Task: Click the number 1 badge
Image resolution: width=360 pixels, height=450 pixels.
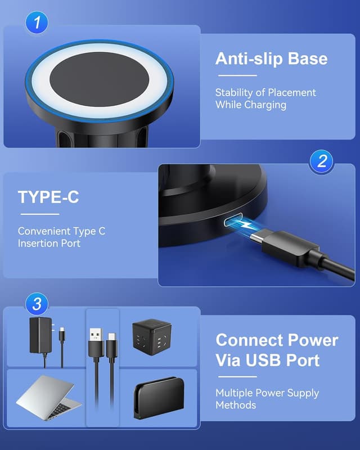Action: [x=37, y=22]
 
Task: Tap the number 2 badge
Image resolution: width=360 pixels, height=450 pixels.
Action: [x=322, y=161]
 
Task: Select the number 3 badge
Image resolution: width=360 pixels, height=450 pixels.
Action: [x=37, y=304]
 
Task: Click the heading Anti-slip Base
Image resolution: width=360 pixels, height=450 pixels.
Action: [x=271, y=58]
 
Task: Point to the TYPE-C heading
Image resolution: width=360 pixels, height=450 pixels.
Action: [x=48, y=197]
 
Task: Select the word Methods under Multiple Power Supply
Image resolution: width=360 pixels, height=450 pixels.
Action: [x=236, y=405]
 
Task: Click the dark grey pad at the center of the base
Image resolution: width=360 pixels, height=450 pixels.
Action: [x=100, y=79]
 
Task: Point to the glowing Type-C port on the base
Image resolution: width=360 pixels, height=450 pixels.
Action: [x=233, y=219]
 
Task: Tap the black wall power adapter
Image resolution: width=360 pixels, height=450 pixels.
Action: [x=41, y=335]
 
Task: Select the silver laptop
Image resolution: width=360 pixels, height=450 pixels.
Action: [x=48, y=397]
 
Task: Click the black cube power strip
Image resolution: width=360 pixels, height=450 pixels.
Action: [x=151, y=336]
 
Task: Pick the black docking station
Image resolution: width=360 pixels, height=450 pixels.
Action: [x=159, y=398]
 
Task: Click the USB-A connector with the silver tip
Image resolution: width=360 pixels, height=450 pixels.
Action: [x=96, y=343]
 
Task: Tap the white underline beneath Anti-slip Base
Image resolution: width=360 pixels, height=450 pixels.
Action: [x=237, y=75]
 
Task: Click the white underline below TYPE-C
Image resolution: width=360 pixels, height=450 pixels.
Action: [x=40, y=214]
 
